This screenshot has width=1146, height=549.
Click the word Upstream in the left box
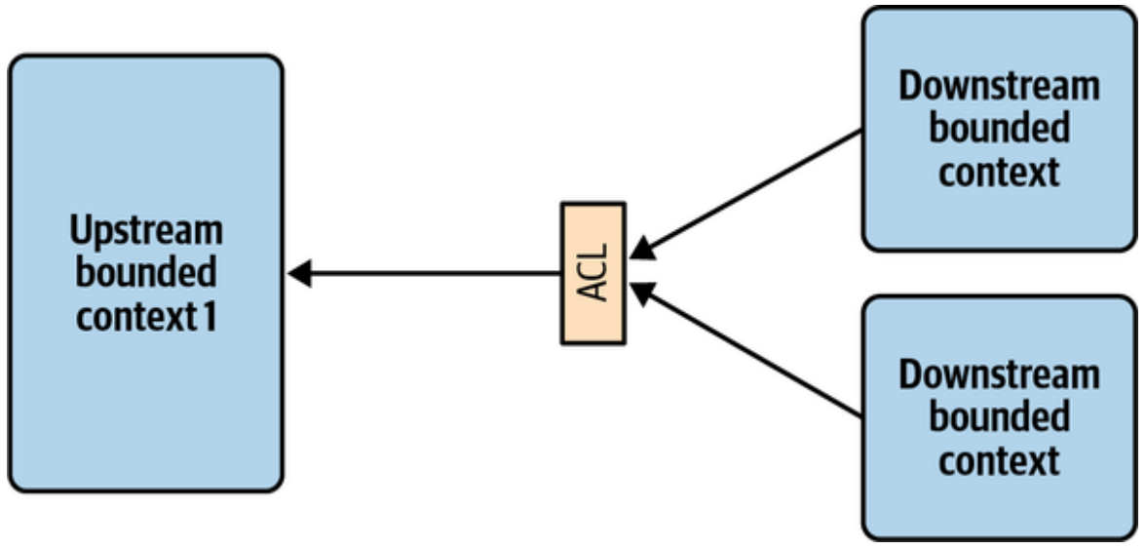146,232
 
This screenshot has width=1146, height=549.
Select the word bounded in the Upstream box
146,273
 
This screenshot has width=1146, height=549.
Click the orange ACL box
592,273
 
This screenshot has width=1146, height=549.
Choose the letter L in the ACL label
592,253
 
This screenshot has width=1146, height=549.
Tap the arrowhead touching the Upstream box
299,273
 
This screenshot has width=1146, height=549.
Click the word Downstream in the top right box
999,86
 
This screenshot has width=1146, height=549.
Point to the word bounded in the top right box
999,128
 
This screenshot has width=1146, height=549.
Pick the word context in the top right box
999,172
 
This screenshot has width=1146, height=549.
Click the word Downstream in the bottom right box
999,374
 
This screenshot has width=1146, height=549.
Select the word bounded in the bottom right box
999,416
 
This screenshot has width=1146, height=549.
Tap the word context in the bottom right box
999,460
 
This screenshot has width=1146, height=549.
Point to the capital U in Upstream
80,232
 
